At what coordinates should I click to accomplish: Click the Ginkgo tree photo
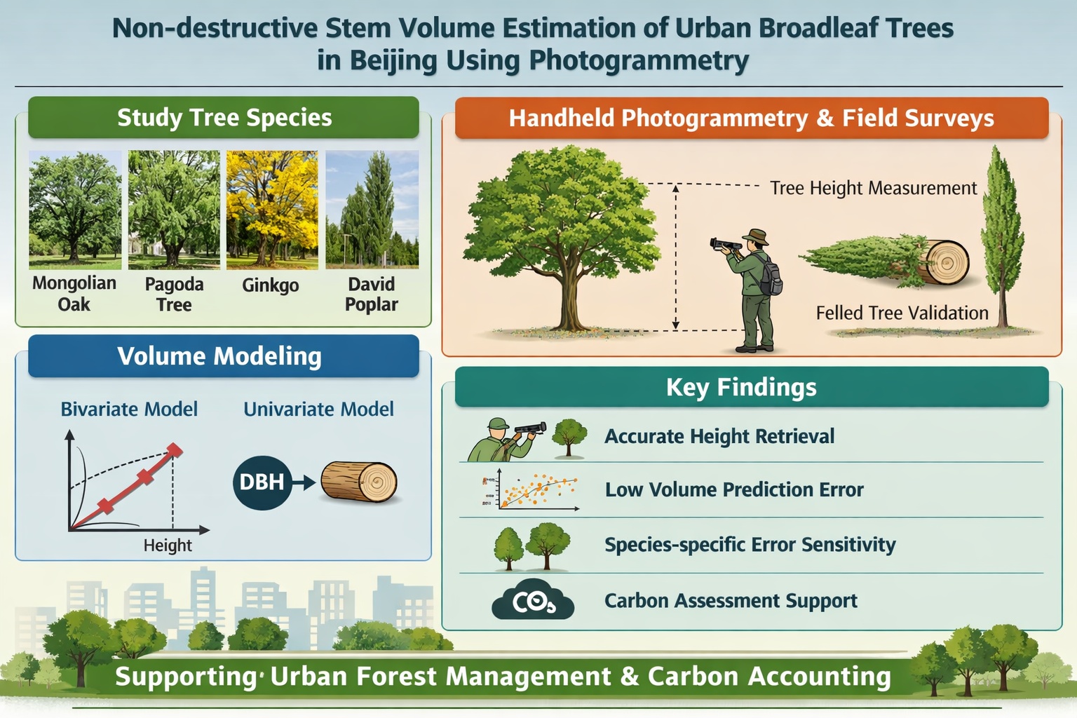point(272,210)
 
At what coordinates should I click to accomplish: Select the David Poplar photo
point(372,210)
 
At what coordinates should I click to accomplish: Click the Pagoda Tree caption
point(174,294)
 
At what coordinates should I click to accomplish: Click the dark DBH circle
point(262,482)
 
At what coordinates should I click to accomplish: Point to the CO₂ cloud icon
point(533,600)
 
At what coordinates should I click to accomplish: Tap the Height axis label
point(168,546)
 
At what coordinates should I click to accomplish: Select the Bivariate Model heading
point(129,409)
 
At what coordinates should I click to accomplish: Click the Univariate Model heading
point(318,409)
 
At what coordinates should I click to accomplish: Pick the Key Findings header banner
point(752,387)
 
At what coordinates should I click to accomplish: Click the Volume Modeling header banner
point(224,356)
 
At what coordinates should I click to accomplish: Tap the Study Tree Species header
point(224,117)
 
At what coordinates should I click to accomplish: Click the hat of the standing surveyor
point(755,236)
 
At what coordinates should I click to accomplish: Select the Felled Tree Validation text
point(902,313)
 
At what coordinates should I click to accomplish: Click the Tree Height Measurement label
point(874,188)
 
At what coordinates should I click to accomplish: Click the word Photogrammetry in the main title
point(639,61)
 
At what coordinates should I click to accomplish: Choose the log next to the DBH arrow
point(359,482)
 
